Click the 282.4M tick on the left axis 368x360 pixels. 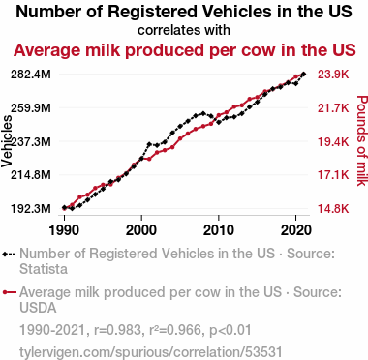click(x=31, y=75)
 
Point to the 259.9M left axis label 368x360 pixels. click(x=31, y=108)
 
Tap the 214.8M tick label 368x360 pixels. click(x=31, y=175)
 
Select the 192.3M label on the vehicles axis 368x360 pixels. click(x=31, y=209)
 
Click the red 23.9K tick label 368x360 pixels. click(x=333, y=75)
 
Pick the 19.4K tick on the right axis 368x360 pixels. click(x=333, y=141)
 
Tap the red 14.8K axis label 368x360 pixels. click(x=333, y=209)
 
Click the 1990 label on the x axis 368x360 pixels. click(x=64, y=230)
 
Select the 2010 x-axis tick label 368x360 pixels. click(x=219, y=230)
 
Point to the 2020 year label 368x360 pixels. click(x=296, y=230)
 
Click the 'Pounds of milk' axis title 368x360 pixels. click(x=362, y=140)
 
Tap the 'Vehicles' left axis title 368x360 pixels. click(x=7, y=141)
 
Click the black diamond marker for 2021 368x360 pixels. click(x=303, y=75)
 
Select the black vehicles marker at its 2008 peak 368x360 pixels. click(x=203, y=113)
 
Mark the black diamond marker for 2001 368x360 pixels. click(x=149, y=144)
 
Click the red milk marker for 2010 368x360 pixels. click(x=219, y=115)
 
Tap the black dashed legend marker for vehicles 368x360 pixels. click(x=9, y=254)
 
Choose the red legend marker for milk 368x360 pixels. click(x=9, y=292)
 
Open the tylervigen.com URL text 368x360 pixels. click(x=151, y=352)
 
